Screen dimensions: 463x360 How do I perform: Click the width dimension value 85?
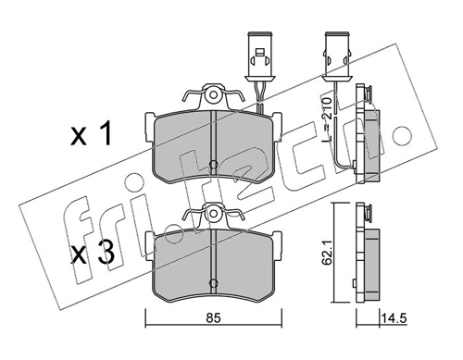click(x=214, y=318)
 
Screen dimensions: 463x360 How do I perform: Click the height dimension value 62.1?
click(x=326, y=253)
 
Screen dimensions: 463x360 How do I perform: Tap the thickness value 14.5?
click(x=394, y=317)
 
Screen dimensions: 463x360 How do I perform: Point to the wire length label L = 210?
click(x=326, y=119)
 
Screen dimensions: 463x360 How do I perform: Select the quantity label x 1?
click(x=91, y=133)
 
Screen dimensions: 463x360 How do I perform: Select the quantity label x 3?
click(x=92, y=254)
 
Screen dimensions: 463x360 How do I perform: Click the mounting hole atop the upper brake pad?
click(x=213, y=94)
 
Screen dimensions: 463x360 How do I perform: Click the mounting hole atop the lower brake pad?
click(x=213, y=213)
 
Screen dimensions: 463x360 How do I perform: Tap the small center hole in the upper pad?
click(x=213, y=164)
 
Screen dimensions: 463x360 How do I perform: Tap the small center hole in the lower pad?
click(x=213, y=282)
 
